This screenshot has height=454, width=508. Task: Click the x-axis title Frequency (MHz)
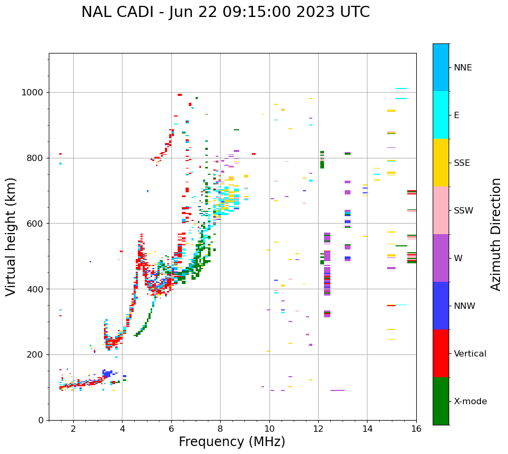(232, 442)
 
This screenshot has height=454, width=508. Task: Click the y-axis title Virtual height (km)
(11, 236)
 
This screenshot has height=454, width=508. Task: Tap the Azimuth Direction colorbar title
(496, 234)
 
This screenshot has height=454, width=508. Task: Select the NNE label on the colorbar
(462, 68)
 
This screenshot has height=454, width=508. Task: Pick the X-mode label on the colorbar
(470, 402)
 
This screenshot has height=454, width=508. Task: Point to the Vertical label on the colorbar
(470, 354)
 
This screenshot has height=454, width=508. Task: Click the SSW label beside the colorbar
(463, 211)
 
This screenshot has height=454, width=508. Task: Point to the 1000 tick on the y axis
(33, 93)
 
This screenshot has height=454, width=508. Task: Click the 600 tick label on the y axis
(36, 224)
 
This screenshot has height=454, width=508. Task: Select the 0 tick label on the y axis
(41, 420)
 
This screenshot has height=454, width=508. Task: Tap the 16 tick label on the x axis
(416, 429)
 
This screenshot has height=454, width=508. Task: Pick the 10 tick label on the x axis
(269, 429)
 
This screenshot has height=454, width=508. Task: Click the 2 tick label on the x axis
(73, 429)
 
